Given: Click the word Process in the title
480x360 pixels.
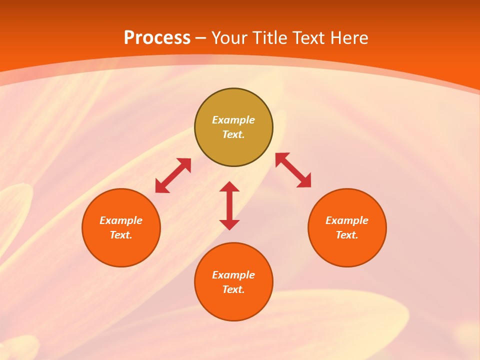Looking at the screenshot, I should point(157,38).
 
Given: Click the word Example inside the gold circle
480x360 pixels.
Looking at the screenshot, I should point(233,120).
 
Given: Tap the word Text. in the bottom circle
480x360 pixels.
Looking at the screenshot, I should point(233,289).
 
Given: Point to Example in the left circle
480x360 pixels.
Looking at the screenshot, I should point(121,220).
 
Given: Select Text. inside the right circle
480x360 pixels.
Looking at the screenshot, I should point(347,235).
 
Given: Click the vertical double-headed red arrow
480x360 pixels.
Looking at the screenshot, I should point(229,205).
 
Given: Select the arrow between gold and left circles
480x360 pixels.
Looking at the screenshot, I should point(173,175).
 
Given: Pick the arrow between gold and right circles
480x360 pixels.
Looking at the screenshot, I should point(293,170).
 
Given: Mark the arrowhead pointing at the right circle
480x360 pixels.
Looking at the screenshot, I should point(304,180).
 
